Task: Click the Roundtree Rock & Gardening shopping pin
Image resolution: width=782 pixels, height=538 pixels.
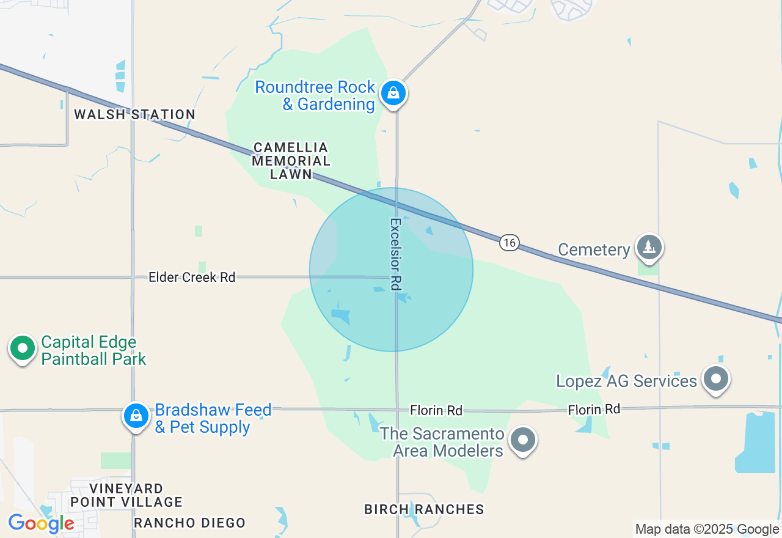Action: pos(394,94)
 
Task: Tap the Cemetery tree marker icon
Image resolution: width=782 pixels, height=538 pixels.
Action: pos(649,247)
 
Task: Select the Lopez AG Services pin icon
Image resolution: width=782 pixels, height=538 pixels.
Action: pos(715,378)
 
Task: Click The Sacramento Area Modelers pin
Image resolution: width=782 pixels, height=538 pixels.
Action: pos(522,440)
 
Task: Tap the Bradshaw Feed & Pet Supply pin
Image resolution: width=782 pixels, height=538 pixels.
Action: pos(136,416)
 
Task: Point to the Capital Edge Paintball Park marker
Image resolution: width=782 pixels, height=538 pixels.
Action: pos(23,348)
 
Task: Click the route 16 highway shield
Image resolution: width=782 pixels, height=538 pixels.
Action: pos(509,243)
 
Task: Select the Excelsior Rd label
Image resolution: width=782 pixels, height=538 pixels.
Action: pos(396,254)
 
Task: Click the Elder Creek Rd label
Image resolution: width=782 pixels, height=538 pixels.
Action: pos(192,278)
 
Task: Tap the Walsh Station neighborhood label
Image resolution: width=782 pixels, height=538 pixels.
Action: pos(134,114)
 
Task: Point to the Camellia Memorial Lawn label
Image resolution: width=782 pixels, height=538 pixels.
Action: pos(291,161)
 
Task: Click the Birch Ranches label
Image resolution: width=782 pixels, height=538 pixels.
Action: pos(424,509)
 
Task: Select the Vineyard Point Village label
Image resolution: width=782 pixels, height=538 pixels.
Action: pos(126,495)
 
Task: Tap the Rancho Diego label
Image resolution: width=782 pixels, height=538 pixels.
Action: pos(189,523)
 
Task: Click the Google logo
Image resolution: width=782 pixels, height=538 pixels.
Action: pos(41,523)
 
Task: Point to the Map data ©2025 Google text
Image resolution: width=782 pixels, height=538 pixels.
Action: pos(707,529)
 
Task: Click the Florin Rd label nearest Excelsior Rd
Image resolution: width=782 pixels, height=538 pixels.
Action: pos(436,410)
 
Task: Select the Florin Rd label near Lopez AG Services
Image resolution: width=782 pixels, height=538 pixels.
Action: pos(594,409)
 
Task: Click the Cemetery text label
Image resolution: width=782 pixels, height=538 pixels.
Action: pos(594,249)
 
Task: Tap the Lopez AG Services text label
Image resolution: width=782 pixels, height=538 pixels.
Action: pos(626,381)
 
